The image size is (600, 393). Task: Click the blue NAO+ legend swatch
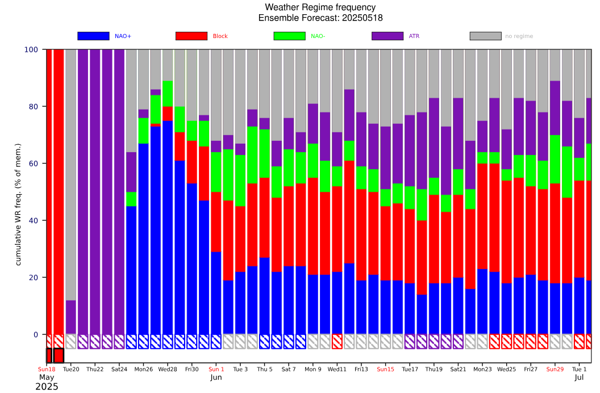pyautogui.click(x=93, y=36)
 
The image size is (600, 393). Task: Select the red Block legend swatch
pyautogui.click(x=191, y=36)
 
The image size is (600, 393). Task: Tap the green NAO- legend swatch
pyautogui.click(x=289, y=36)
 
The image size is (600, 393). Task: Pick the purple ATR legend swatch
pyautogui.click(x=388, y=36)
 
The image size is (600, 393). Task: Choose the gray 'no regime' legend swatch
pyautogui.click(x=485, y=36)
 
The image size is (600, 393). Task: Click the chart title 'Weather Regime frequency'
pyautogui.click(x=320, y=7)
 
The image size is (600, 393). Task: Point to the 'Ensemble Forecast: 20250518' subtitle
pyautogui.click(x=320, y=18)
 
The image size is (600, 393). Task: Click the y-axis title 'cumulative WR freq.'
pyautogui.click(x=18, y=204)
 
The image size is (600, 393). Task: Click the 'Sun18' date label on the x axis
pyautogui.click(x=47, y=369)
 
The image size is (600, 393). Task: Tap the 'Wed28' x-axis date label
pyautogui.click(x=168, y=369)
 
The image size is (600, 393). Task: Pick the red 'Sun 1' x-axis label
pyautogui.click(x=216, y=369)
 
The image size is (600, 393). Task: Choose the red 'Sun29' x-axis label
pyautogui.click(x=555, y=369)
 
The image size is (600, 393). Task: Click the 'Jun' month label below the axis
pyautogui.click(x=216, y=377)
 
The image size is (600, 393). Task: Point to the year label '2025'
pyautogui.click(x=47, y=387)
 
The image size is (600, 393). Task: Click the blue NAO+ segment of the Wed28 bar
pyautogui.click(x=168, y=227)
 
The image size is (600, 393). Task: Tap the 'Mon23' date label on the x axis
pyautogui.click(x=482, y=369)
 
